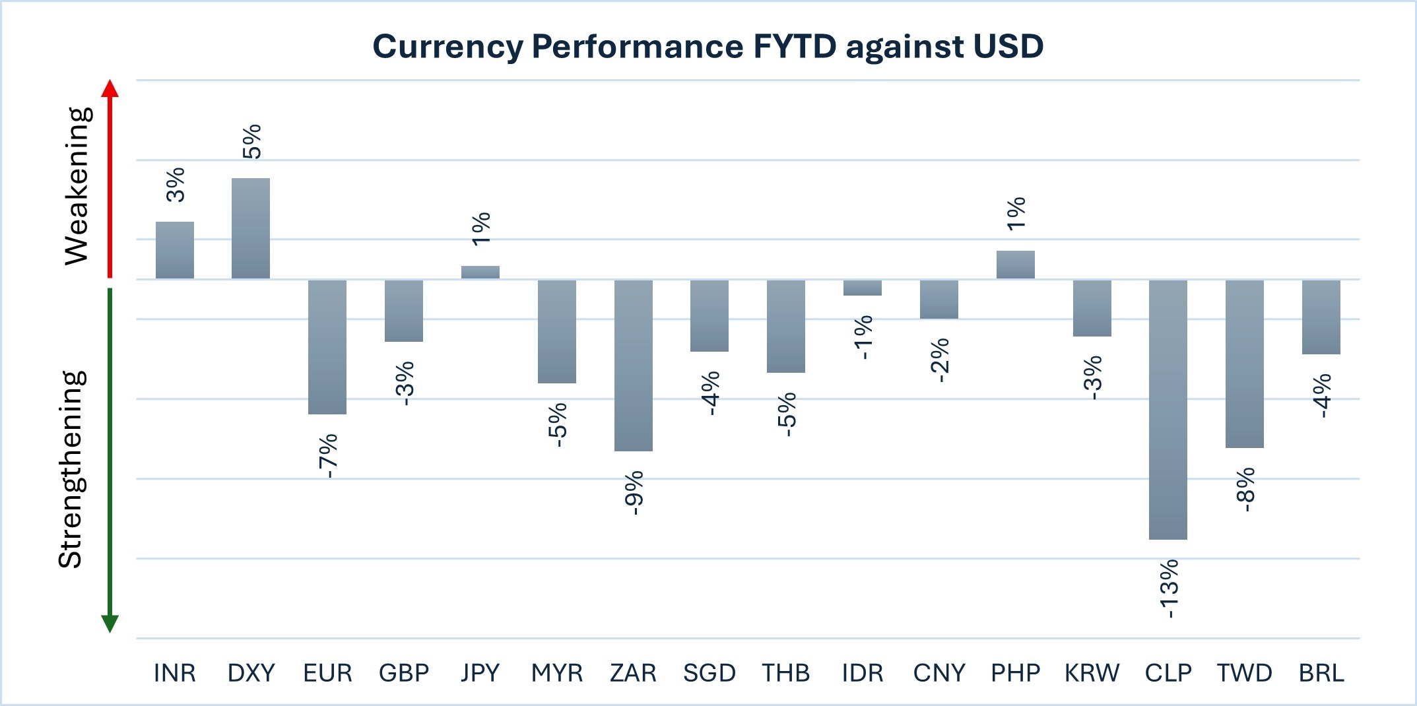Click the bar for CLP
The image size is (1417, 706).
(x=1168, y=409)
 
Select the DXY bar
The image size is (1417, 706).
(x=251, y=228)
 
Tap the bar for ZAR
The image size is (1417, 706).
(x=633, y=366)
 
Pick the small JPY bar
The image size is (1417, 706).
(x=480, y=272)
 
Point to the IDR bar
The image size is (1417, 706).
(x=862, y=288)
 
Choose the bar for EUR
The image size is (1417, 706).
(x=327, y=347)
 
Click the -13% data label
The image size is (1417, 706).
(x=1169, y=589)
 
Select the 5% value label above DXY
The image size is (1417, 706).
(x=252, y=141)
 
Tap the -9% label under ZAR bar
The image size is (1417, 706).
(x=634, y=492)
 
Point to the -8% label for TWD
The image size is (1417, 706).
(x=1245, y=490)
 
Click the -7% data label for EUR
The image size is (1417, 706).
(x=328, y=455)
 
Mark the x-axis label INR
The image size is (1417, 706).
(x=174, y=673)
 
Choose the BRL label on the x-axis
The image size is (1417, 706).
(x=1321, y=673)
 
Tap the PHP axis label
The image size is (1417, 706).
(x=1015, y=673)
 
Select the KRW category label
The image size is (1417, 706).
(x=1092, y=673)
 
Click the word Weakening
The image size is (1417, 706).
(x=77, y=186)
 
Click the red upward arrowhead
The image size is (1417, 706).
(x=110, y=88)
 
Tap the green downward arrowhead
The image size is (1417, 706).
(x=110, y=623)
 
